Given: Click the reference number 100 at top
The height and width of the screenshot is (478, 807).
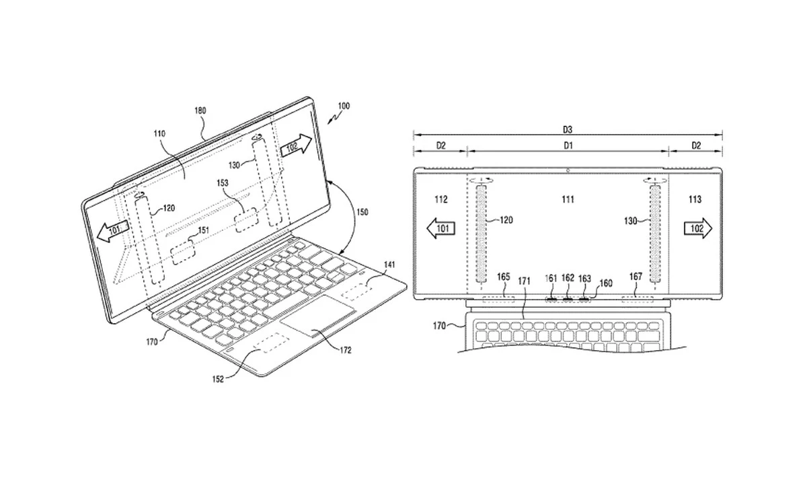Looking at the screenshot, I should pyautogui.click(x=344, y=106).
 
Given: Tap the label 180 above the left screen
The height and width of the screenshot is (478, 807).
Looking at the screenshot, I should pyautogui.click(x=200, y=110).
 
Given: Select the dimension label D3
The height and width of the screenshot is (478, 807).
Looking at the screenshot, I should pyautogui.click(x=567, y=128).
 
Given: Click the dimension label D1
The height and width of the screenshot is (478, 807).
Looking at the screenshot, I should pyautogui.click(x=567, y=145).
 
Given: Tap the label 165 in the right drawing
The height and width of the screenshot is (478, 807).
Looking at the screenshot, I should pyautogui.click(x=503, y=277).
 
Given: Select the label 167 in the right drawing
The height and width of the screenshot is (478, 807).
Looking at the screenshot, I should pyautogui.click(x=635, y=277).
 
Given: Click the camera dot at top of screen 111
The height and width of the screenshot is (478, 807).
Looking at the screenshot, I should pyautogui.click(x=569, y=170).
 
